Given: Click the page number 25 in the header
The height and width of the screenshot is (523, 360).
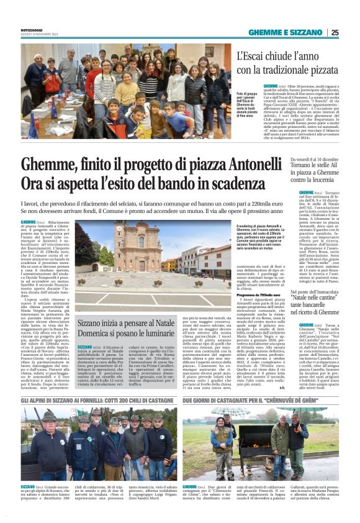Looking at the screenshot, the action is pyautogui.click(x=334, y=33).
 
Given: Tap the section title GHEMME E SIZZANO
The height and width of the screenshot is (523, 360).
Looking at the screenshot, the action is pyautogui.click(x=286, y=33).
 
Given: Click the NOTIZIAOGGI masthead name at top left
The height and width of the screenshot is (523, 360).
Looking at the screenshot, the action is pyautogui.click(x=31, y=30).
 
